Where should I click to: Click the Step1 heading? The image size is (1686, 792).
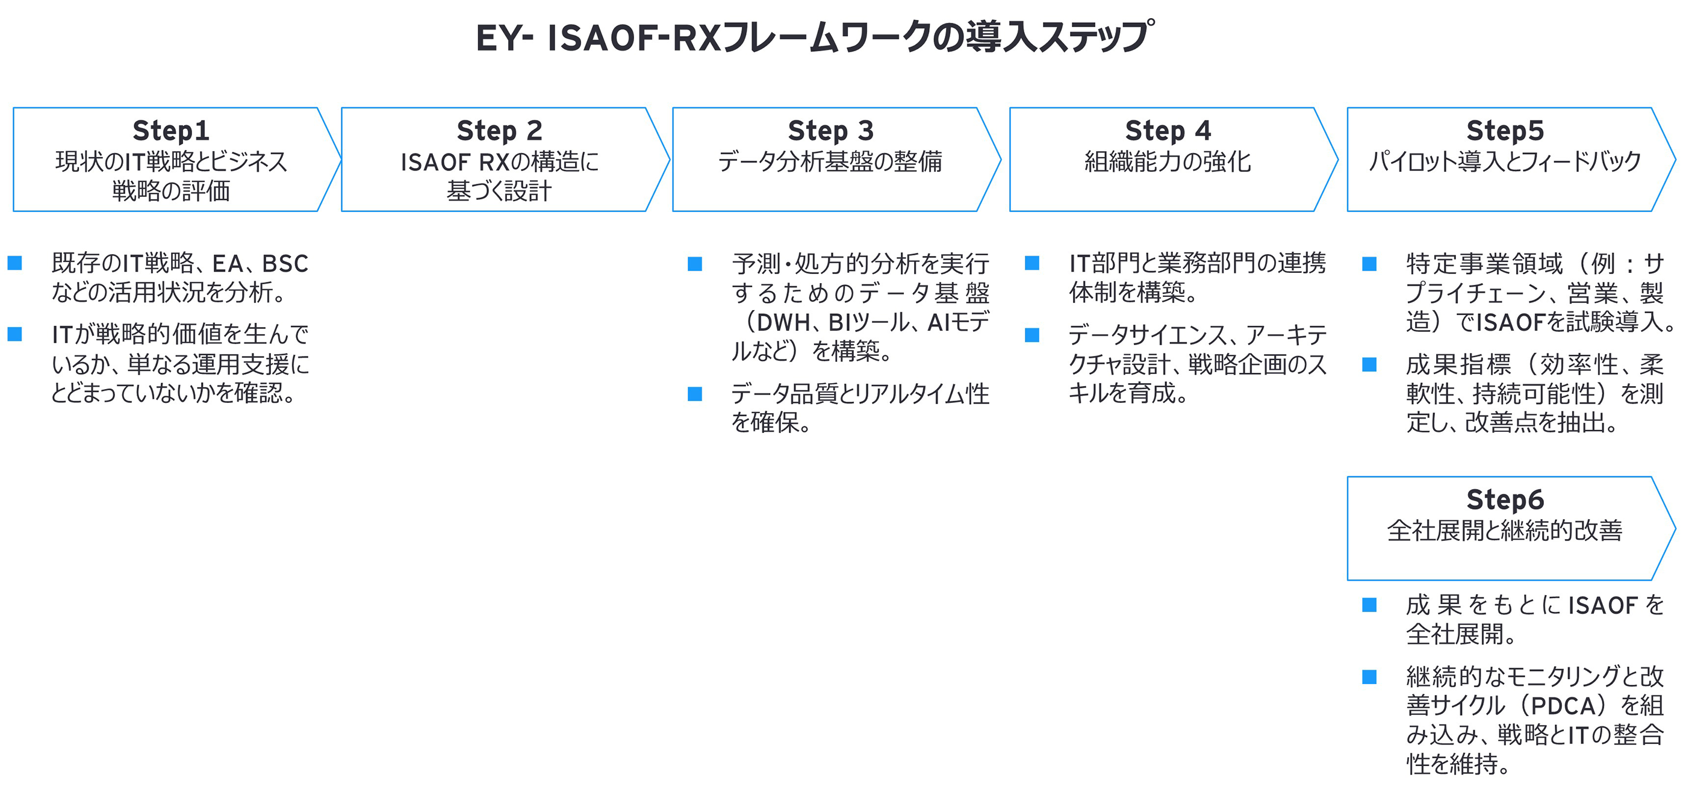point(171,131)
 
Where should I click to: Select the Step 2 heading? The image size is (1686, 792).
point(499,131)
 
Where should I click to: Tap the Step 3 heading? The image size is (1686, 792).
point(830,131)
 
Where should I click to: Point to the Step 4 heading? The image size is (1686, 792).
point(1168,131)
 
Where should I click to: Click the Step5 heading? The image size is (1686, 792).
point(1505,131)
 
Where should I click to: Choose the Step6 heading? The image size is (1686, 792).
point(1505,500)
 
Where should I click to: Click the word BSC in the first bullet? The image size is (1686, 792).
point(285,264)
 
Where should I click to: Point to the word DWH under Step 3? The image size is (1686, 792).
point(783,323)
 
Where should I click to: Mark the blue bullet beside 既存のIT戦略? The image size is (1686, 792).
point(15,263)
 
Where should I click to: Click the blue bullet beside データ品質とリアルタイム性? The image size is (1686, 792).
point(695,394)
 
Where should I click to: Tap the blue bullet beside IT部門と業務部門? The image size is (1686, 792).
point(1032,263)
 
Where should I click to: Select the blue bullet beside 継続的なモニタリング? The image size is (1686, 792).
point(1369,677)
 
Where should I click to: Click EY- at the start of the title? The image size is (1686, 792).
point(504,37)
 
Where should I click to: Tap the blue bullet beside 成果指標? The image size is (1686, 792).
point(1369,364)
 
